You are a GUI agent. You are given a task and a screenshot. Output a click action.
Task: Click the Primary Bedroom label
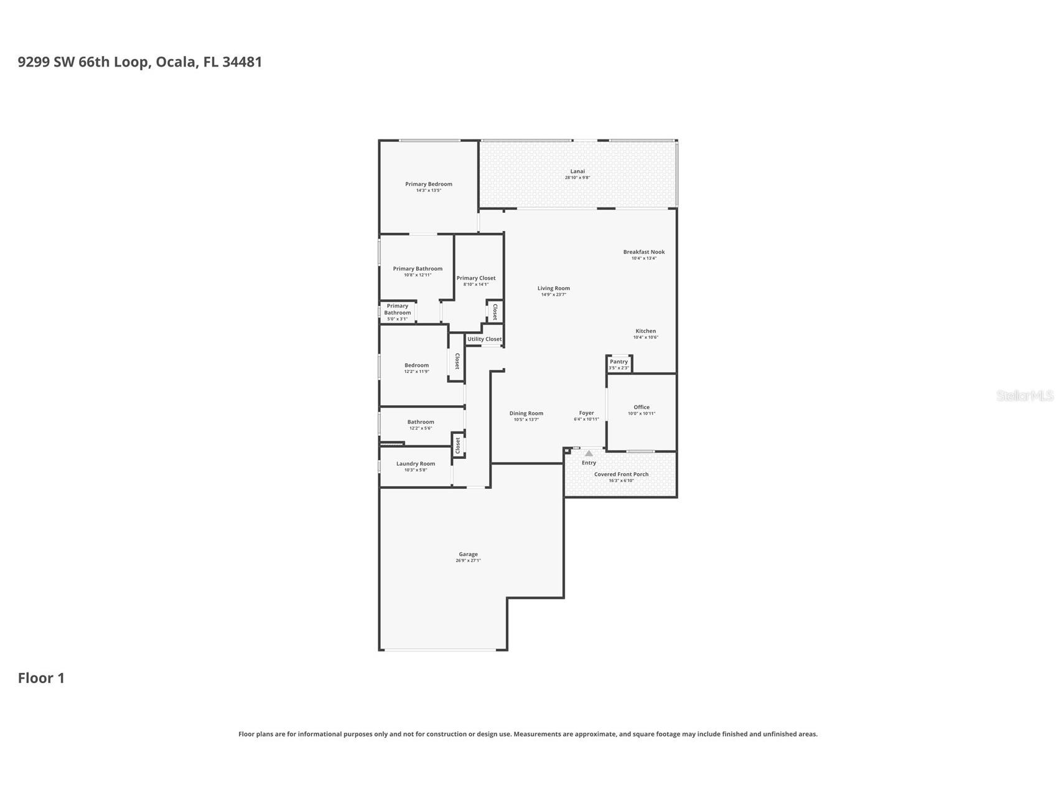tap(428, 184)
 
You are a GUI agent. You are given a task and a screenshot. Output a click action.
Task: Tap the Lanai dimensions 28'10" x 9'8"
tap(577, 178)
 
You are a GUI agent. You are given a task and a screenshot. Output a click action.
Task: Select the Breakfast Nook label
tap(643, 252)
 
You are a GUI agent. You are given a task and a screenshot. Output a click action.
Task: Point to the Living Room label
tap(553, 288)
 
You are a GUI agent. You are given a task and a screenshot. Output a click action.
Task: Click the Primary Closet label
tap(476, 278)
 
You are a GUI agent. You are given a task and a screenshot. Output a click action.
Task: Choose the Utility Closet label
tap(484, 339)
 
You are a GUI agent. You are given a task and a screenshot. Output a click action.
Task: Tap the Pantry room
tap(619, 364)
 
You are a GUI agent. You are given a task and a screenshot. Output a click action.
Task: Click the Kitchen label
tap(645, 331)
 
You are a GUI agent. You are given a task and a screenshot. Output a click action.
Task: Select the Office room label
tap(641, 407)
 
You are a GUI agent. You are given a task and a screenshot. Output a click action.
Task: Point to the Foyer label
tap(586, 413)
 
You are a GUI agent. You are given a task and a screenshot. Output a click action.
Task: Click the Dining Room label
tap(526, 413)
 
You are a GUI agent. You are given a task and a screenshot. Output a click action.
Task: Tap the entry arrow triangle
tap(589, 453)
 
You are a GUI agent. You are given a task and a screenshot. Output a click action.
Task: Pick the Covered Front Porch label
tap(621, 474)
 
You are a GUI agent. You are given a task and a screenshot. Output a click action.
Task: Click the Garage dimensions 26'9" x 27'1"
tap(468, 560)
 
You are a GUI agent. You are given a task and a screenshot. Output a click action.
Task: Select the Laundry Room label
tap(415, 464)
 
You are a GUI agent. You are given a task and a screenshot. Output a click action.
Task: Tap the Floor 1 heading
tap(41, 678)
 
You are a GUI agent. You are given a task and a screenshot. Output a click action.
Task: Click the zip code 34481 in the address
tap(242, 62)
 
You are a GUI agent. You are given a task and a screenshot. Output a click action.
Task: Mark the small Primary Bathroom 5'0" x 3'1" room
tap(397, 312)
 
